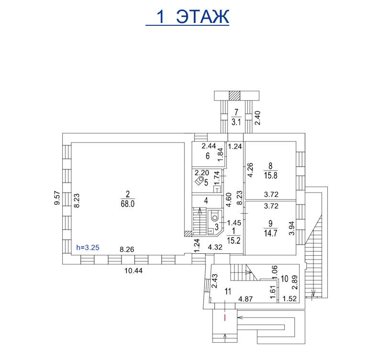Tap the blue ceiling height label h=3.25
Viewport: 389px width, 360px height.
click(x=88, y=248)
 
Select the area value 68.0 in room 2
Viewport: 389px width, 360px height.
click(x=128, y=204)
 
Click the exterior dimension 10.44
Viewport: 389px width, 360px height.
click(x=133, y=271)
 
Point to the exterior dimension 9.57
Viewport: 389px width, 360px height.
click(x=57, y=197)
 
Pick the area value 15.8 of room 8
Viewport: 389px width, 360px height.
click(x=270, y=175)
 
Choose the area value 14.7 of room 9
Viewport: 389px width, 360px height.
click(x=270, y=233)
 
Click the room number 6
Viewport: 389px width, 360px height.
click(x=208, y=156)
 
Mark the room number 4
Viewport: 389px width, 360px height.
click(x=206, y=201)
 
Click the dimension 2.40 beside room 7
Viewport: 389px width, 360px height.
click(x=258, y=118)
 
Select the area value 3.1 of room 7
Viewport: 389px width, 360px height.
click(x=236, y=122)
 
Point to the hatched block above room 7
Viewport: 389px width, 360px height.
click(x=234, y=96)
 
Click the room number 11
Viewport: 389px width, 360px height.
click(x=228, y=291)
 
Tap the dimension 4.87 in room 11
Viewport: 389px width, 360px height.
click(x=245, y=299)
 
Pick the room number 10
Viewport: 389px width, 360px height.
click(x=285, y=279)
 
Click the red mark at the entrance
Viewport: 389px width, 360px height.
click(x=225, y=317)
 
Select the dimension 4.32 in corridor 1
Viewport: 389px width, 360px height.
click(x=215, y=247)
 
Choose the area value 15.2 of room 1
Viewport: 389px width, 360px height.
click(x=233, y=240)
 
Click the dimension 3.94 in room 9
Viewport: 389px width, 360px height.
click(x=292, y=228)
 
